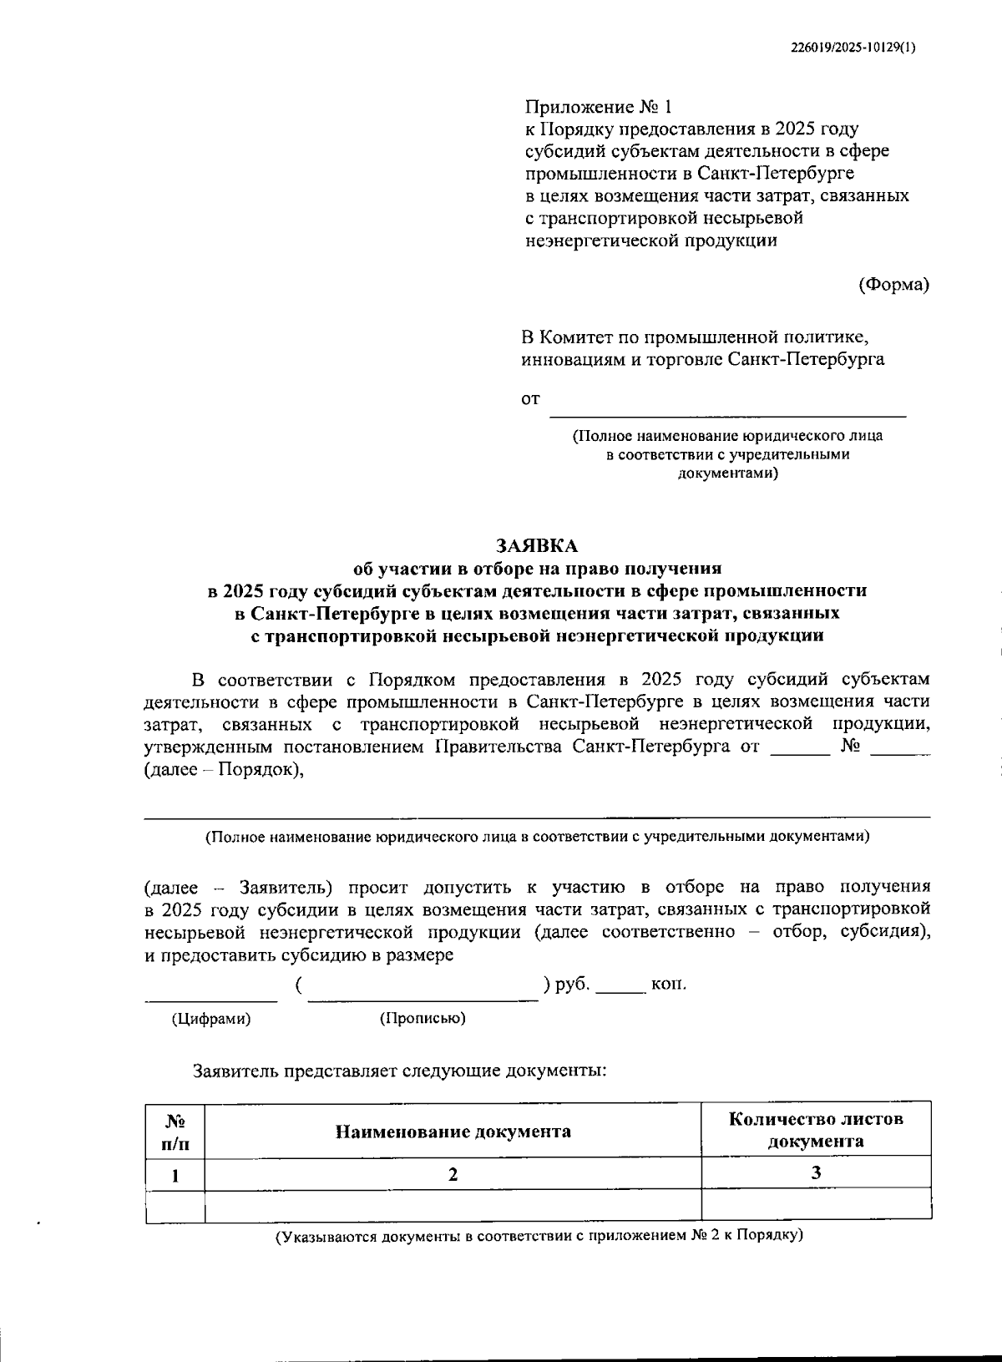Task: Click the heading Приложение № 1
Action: (x=598, y=107)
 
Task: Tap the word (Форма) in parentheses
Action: (x=893, y=284)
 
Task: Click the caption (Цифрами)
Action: (x=210, y=1019)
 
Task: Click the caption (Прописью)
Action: (x=423, y=1019)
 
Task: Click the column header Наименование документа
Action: (x=453, y=1132)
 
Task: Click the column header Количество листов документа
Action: (x=816, y=1130)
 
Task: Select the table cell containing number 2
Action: (x=453, y=1174)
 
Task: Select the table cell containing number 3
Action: (x=816, y=1172)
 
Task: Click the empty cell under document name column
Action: (x=453, y=1206)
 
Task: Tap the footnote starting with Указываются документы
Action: (x=539, y=1235)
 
